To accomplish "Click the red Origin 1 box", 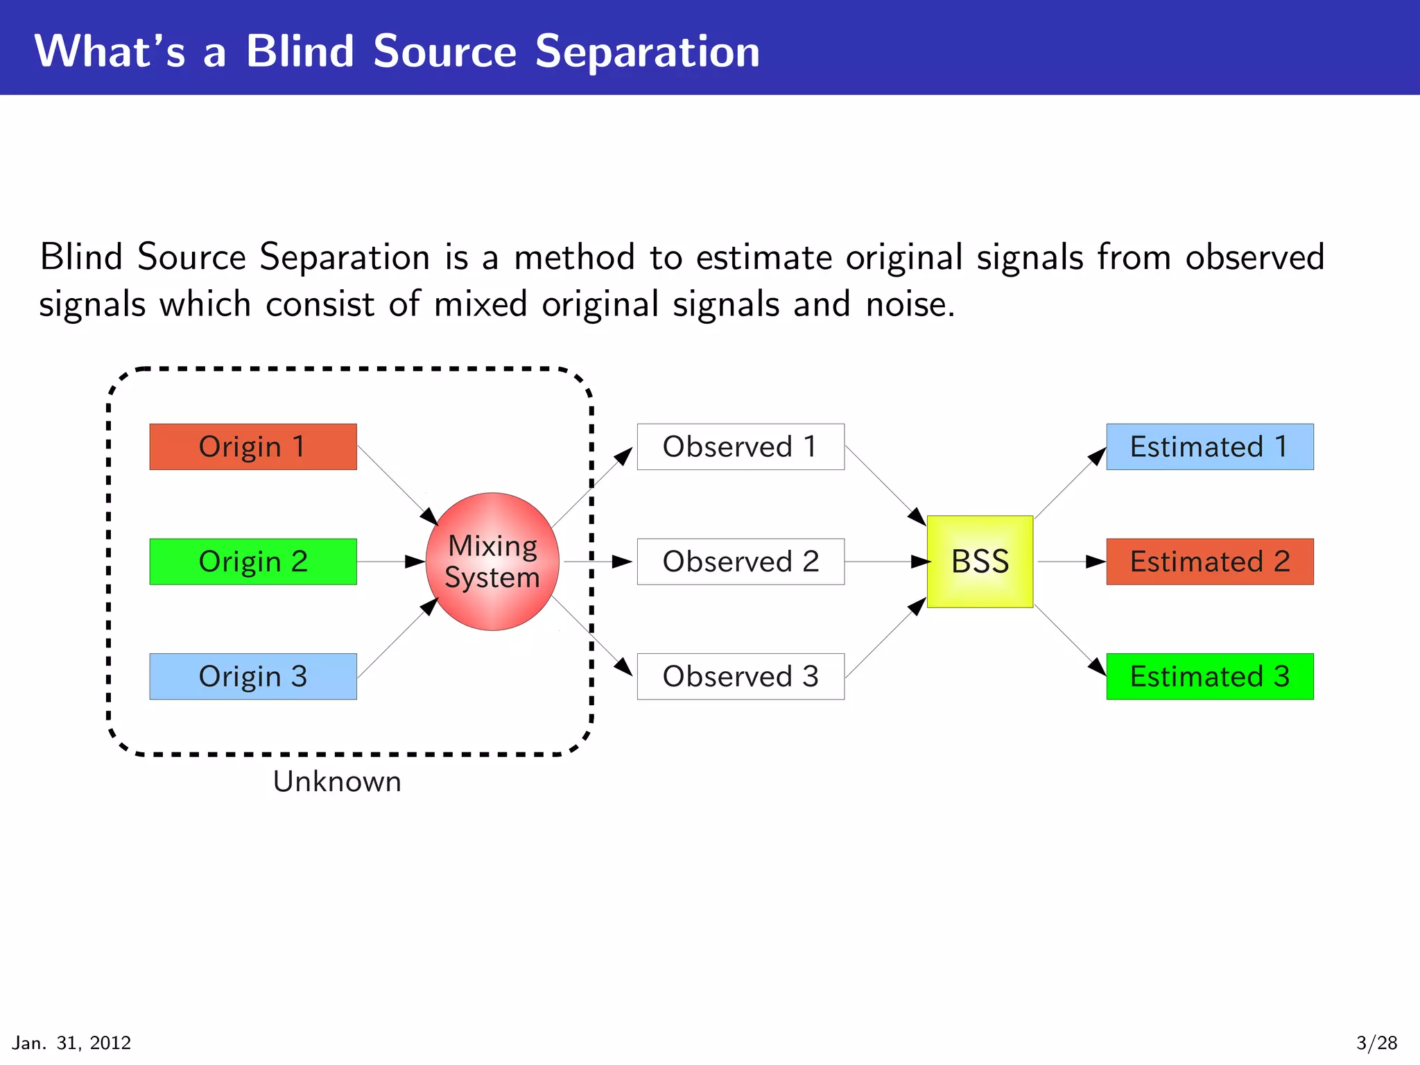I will click(253, 447).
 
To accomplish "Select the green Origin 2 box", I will click(253, 562).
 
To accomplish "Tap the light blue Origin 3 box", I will click(253, 676).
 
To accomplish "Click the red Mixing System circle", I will click(492, 562).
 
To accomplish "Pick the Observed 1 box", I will click(741, 447).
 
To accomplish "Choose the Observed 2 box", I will click(741, 562).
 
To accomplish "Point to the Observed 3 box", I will click(741, 676).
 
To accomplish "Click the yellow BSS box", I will click(980, 562).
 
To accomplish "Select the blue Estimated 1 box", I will click(1210, 447).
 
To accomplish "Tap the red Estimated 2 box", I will click(1210, 562).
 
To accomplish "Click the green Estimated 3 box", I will click(1210, 676).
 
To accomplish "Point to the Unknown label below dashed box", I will click(337, 782).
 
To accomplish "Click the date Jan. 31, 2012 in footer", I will click(71, 1043).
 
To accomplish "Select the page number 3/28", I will click(1376, 1043).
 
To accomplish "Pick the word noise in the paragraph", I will click(910, 305).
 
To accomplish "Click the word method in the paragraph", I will click(574, 258).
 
